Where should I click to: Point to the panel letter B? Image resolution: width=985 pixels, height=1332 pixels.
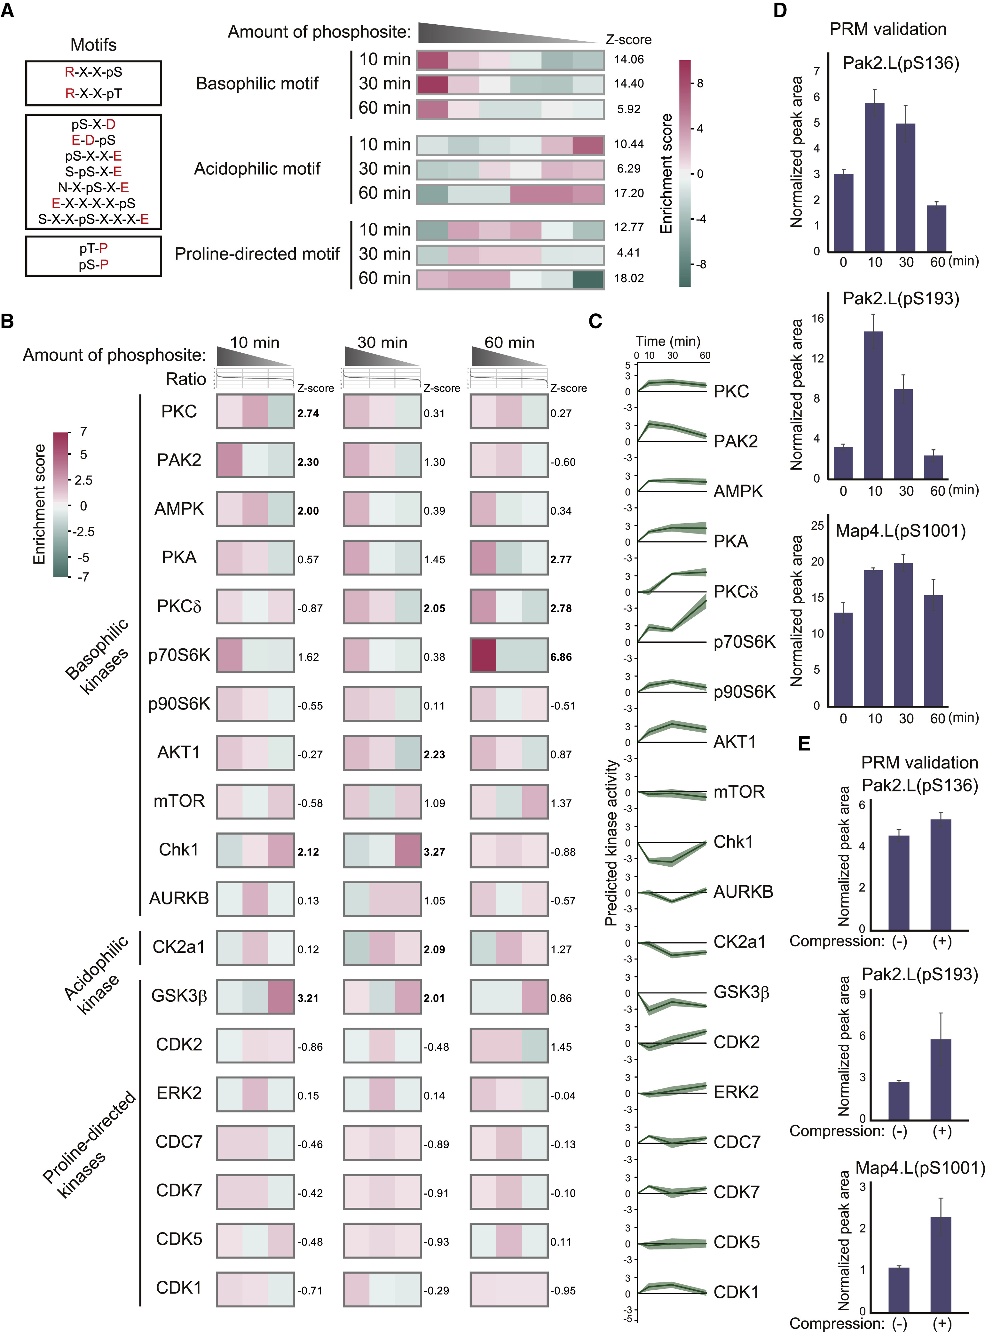[8, 321]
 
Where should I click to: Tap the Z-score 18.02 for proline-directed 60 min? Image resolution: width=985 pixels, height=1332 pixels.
[628, 278]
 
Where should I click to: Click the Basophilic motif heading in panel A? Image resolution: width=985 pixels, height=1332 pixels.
[257, 84]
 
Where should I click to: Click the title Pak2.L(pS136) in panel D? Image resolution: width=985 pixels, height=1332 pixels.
[900, 63]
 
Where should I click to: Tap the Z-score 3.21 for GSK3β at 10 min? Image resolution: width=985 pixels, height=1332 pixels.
[308, 998]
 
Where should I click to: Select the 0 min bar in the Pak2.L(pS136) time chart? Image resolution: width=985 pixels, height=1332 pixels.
[843, 213]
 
